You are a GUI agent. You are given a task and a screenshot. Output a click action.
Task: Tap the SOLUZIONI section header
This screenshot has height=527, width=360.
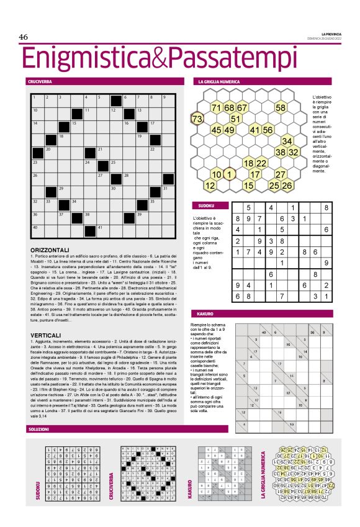tap(38, 430)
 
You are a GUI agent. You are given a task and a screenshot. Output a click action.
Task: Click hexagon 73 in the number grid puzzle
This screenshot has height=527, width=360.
tap(198, 118)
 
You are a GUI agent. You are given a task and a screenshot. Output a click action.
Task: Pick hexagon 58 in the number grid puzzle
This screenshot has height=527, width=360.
tap(281, 108)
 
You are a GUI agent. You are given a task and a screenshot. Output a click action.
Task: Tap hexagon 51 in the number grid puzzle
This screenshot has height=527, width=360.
tap(236, 119)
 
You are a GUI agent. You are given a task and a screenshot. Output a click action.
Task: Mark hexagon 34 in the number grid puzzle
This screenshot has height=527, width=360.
tap(287, 141)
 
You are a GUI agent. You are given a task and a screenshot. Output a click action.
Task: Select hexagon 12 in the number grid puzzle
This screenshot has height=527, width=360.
tap(210, 185)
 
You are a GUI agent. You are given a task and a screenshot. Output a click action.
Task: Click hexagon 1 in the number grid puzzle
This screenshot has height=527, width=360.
tap(229, 174)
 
